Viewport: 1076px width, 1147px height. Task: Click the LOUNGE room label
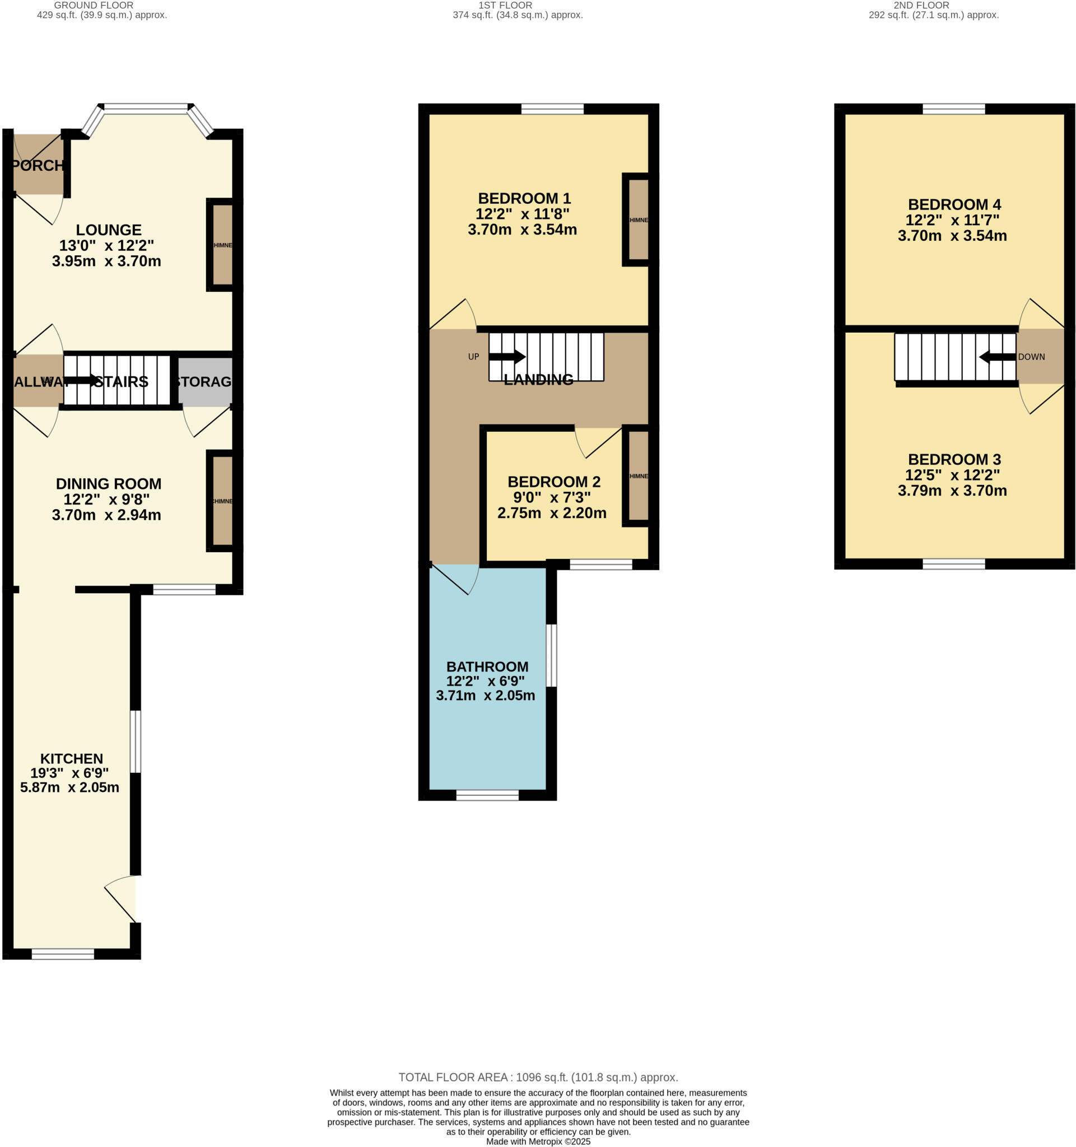[109, 230]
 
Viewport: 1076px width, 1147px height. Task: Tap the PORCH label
[38, 166]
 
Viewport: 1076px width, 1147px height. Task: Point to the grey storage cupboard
[205, 381]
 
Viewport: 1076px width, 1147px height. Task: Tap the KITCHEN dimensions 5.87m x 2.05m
[70, 787]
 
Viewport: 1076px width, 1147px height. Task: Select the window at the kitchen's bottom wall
[62, 954]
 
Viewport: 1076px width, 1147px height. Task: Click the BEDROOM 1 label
[524, 198]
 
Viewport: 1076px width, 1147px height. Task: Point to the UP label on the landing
[473, 357]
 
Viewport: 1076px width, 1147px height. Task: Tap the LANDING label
[538, 379]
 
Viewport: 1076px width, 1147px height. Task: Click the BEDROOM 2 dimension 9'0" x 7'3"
[552, 497]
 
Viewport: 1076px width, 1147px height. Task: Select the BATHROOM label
[487, 666]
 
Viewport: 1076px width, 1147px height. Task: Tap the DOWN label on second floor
[1031, 357]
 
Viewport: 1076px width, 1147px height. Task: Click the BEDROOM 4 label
[954, 204]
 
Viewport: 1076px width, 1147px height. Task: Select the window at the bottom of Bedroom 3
[953, 563]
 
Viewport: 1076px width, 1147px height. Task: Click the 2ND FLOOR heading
[921, 5]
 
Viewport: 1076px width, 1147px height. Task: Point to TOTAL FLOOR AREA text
[538, 1077]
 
